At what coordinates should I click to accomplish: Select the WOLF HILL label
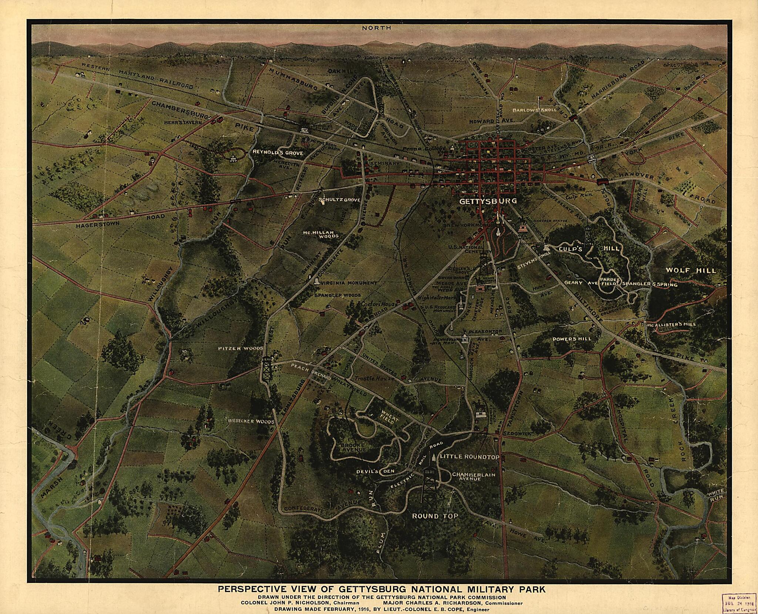click(691, 270)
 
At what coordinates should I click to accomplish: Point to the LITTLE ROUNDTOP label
click(470, 457)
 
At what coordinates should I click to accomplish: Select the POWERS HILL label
click(571, 339)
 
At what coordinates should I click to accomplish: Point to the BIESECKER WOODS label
click(251, 422)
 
